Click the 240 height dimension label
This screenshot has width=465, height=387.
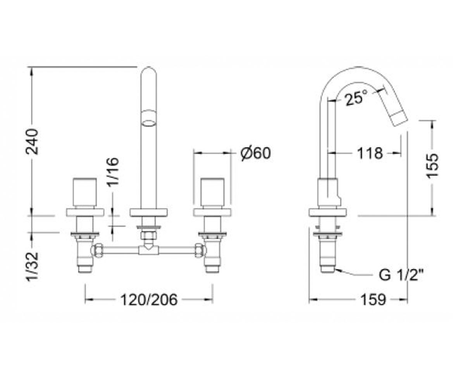32,142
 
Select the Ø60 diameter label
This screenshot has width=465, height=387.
255,153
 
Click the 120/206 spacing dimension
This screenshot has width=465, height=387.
149,300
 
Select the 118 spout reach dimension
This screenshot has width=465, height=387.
370,153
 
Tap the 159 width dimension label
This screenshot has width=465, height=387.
373,300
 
